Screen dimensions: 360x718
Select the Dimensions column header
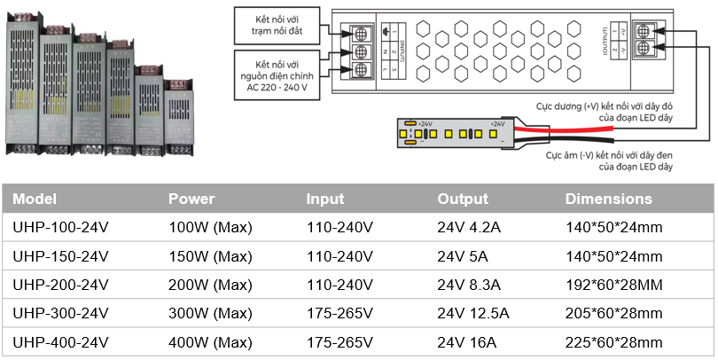(x=608, y=199)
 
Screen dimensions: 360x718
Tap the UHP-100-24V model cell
(x=60, y=227)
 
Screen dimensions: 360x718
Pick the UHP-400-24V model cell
(x=60, y=342)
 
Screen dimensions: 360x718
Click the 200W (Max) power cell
(x=210, y=285)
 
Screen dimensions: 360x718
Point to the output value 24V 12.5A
(x=473, y=313)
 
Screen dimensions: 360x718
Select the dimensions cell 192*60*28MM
(x=613, y=285)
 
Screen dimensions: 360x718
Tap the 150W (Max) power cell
(x=210, y=256)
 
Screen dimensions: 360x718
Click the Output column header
(x=463, y=199)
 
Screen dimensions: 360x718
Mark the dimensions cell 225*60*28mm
(x=613, y=342)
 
